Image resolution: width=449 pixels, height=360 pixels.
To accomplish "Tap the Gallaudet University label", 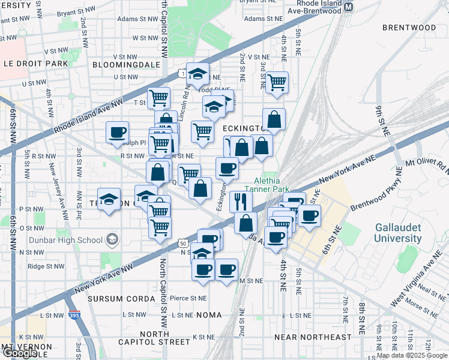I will coord(398,233).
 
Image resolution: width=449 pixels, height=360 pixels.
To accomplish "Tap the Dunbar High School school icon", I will coord(111,240).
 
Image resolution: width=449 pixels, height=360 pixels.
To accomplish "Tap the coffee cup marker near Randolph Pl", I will coord(117,132).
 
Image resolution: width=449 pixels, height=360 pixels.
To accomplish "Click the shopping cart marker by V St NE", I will coord(276,82).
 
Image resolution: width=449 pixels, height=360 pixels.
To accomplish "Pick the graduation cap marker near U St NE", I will coord(197,74).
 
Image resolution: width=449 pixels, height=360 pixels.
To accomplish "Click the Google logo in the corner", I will coord(20,353).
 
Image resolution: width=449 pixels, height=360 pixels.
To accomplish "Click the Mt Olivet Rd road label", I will coord(426,163).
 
